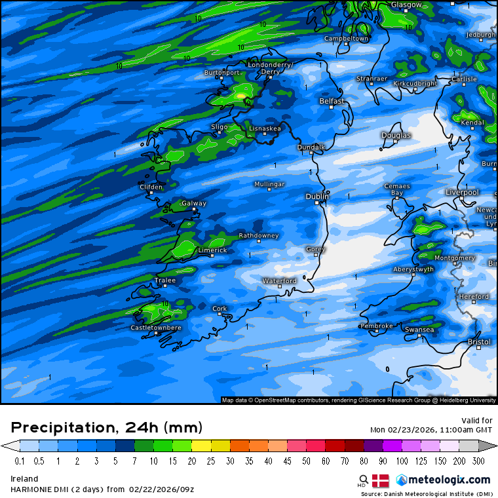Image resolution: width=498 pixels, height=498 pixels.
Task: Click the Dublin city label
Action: (x=317, y=197)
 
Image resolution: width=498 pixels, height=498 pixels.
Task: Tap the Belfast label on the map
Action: (x=332, y=102)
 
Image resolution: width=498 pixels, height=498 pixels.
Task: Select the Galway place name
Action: (x=194, y=204)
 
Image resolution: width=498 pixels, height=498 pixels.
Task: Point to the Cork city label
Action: (x=220, y=309)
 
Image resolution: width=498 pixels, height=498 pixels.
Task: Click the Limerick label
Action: (x=212, y=250)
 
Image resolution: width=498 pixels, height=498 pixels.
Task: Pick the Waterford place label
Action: (x=280, y=280)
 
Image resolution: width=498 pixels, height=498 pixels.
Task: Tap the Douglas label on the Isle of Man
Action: (x=396, y=136)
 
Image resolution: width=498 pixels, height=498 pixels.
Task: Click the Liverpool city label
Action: (x=462, y=193)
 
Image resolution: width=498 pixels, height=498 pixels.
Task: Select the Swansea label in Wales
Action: (x=419, y=330)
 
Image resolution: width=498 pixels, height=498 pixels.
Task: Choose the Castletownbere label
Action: (x=156, y=328)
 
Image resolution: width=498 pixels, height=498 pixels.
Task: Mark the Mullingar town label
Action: (x=270, y=184)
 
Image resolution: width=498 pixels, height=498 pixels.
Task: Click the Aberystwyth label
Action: (x=413, y=269)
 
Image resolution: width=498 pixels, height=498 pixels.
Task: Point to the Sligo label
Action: (x=220, y=126)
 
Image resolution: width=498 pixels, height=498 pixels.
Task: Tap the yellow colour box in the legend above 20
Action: (x=200, y=446)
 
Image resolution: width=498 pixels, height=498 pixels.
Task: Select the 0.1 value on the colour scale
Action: (x=20, y=461)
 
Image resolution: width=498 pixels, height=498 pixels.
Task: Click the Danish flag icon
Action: (x=380, y=480)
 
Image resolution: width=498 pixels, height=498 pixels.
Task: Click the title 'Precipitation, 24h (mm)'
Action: (x=107, y=427)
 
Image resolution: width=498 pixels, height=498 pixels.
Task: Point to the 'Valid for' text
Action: (x=477, y=421)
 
